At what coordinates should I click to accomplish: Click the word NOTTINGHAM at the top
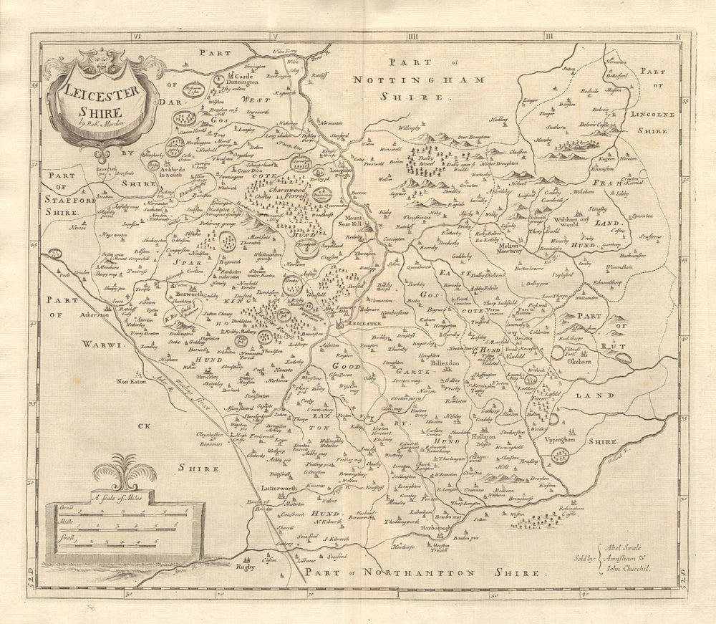coord(427,80)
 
